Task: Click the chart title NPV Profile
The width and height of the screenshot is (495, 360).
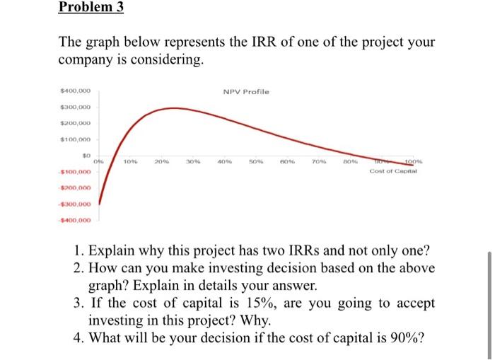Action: [245, 92]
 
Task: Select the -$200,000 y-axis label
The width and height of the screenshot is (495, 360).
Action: [75, 188]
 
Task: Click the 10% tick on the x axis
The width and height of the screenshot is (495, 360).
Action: [131, 161]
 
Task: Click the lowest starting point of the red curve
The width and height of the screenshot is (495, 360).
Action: [100, 203]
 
